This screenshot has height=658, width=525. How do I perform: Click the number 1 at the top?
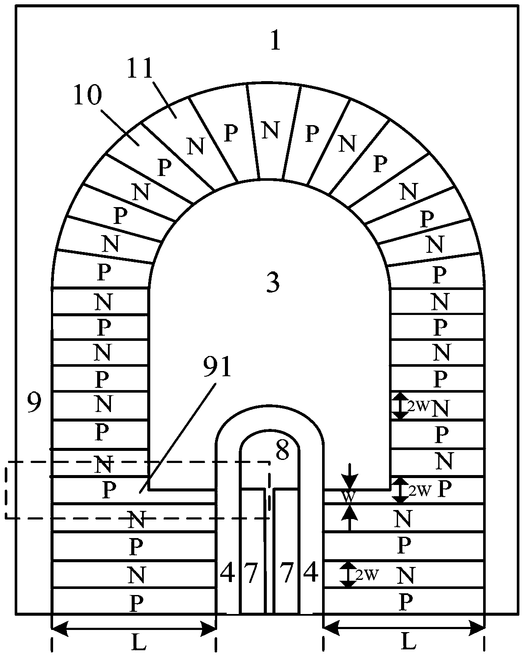pyautogui.click(x=275, y=41)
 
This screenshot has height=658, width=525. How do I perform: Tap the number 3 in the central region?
pyautogui.click(x=272, y=282)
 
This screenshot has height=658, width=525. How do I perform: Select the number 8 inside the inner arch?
pyautogui.click(x=282, y=451)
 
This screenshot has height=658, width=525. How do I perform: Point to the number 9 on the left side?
pyautogui.click(x=35, y=403)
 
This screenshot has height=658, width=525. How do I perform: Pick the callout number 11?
pyautogui.click(x=142, y=68)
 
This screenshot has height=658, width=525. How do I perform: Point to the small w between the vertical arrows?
pyautogui.click(x=349, y=497)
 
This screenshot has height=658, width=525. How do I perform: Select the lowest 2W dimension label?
pyautogui.click(x=366, y=575)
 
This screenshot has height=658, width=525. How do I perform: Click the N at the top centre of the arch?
pyautogui.click(x=271, y=130)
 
